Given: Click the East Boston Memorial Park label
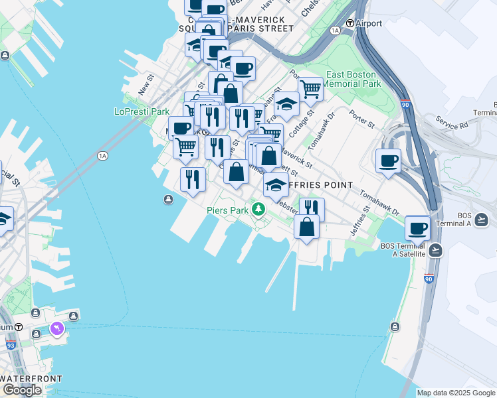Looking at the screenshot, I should click(x=353, y=80).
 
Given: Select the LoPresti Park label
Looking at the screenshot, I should click(x=142, y=111).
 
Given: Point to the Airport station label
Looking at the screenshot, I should click(x=369, y=23).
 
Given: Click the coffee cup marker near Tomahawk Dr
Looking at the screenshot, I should click(x=389, y=161).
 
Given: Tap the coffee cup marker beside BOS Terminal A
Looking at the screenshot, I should click(x=418, y=228).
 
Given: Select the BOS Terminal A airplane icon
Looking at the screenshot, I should click(x=482, y=219).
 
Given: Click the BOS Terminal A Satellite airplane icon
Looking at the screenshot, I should click(x=435, y=250).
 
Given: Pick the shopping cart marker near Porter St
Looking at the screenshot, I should click(x=310, y=88).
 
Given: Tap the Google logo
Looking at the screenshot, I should click(x=22, y=390).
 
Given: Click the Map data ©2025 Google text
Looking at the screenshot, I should click(x=455, y=393).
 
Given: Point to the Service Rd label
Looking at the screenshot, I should click(x=452, y=122).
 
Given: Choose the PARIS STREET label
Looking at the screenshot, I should click(x=264, y=29).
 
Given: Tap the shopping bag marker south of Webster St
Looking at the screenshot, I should click(x=307, y=227).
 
